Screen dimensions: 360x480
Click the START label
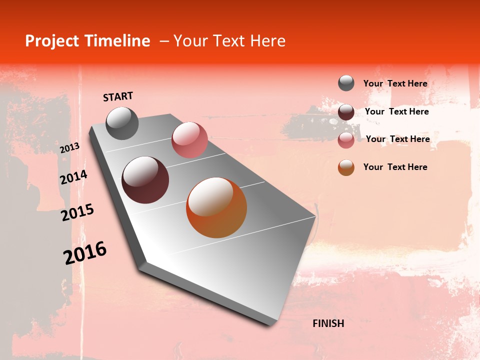point(118,96)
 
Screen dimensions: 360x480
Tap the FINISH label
point(328,323)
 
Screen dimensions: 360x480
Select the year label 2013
point(69,148)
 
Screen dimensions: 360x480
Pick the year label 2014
point(74,177)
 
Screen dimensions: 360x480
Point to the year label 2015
point(77,212)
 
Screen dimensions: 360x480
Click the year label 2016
point(85,253)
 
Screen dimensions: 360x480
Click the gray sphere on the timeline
point(122,123)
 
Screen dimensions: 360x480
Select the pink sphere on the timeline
point(189,139)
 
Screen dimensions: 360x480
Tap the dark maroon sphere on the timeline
point(145,180)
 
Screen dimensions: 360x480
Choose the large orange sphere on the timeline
point(216,207)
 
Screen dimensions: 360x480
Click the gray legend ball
point(346,83)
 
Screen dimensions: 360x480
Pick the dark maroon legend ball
point(346,112)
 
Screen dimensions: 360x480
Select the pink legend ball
point(346,140)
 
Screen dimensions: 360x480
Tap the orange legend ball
point(346,167)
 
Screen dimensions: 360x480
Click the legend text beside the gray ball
point(395,83)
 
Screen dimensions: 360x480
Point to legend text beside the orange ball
point(395,167)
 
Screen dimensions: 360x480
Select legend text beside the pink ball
point(398,139)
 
